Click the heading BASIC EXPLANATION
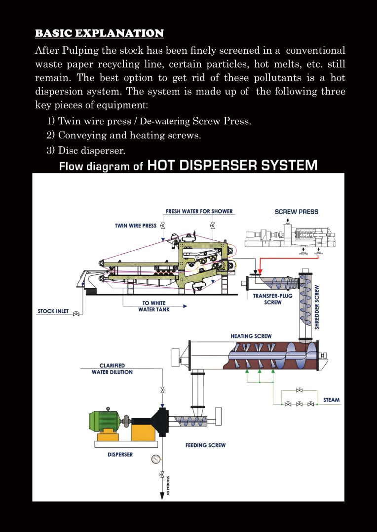click(x=99, y=33)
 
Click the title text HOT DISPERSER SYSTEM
click(x=232, y=165)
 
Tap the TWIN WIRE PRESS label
click(x=136, y=226)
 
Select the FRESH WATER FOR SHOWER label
click(x=199, y=211)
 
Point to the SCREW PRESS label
click(x=296, y=212)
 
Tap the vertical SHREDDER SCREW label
click(x=317, y=306)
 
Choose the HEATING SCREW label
click(x=251, y=336)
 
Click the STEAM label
click(x=331, y=399)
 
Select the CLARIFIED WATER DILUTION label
click(x=112, y=369)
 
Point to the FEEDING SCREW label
click(x=205, y=445)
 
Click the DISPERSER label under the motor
click(x=120, y=454)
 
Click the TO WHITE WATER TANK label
click(x=154, y=306)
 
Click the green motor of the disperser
click(x=104, y=420)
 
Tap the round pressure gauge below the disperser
click(x=156, y=459)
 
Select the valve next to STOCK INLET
click(x=76, y=313)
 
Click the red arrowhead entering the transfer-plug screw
click(x=260, y=272)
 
